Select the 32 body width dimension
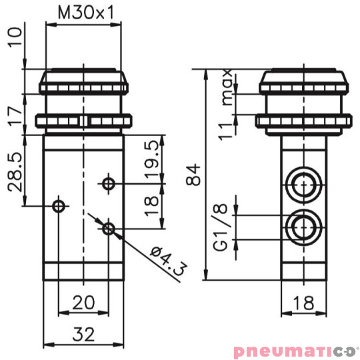[84, 333]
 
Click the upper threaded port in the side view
[303, 183]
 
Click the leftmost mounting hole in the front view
[59, 205]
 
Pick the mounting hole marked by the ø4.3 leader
[109, 229]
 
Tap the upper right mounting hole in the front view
[109, 183]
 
